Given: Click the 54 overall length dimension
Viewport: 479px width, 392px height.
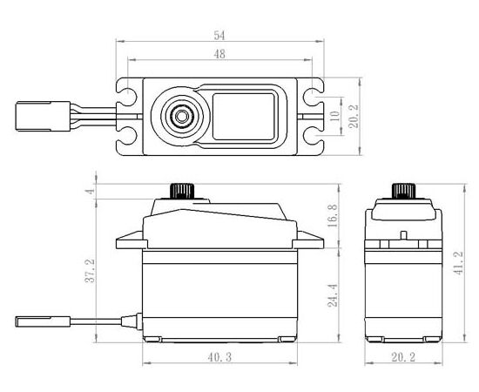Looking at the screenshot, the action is point(219,36).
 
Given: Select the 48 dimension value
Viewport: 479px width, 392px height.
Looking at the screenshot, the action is point(219,54).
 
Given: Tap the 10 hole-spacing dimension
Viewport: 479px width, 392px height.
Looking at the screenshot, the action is point(335,116).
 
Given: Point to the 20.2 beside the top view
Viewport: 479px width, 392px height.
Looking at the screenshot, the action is point(354,116).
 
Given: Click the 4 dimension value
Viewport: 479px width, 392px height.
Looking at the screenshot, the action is point(90,192).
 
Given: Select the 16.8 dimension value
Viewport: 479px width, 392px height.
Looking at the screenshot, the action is point(333,215).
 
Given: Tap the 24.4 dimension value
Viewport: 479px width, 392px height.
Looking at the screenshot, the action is point(333,295).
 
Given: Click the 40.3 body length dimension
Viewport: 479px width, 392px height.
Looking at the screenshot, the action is point(219,357).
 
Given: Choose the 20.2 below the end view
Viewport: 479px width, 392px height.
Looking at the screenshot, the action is point(403,357).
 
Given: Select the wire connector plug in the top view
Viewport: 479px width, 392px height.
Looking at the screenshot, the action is point(43,116).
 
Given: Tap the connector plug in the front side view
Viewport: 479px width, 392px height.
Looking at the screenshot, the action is point(43,321).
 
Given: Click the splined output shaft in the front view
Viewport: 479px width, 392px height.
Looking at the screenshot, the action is point(182,192).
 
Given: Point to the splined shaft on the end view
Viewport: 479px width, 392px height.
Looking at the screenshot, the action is point(403,192).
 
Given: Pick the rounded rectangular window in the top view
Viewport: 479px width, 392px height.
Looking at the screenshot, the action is point(244,116).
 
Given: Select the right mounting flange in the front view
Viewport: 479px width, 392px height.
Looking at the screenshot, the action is point(308,240).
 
